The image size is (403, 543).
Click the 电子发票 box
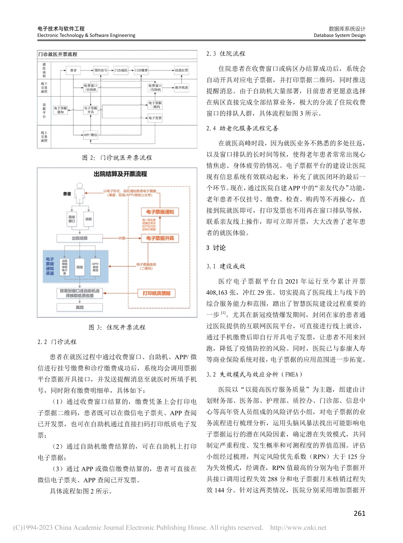tap(155, 118)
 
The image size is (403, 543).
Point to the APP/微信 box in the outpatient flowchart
tap(91, 135)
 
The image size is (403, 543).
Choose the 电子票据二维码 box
tap(155, 104)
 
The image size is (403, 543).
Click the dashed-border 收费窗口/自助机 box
tap(155, 87)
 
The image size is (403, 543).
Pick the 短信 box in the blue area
tap(79, 267)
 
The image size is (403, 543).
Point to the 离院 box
tap(79, 307)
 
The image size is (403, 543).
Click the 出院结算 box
tap(79, 238)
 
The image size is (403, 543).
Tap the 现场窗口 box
tap(72, 219)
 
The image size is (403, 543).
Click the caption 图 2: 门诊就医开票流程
tap(117, 157)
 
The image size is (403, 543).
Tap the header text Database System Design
tap(339, 36)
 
